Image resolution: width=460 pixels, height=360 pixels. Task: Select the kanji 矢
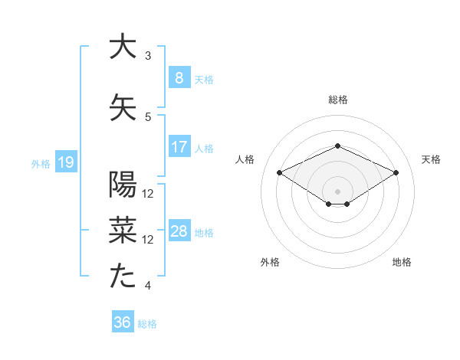(x=123, y=106)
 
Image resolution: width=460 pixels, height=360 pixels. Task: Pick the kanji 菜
(x=123, y=230)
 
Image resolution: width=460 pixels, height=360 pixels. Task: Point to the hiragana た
(x=123, y=277)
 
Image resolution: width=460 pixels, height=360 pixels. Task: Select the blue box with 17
(x=179, y=147)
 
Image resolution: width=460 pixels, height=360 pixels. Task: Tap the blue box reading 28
(x=179, y=231)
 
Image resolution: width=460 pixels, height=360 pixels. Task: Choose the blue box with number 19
(x=65, y=162)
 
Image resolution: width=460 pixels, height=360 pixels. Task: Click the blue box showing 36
(x=122, y=322)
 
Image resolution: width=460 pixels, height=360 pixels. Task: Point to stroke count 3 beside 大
(x=148, y=55)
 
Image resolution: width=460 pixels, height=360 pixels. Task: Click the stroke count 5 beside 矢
(x=148, y=116)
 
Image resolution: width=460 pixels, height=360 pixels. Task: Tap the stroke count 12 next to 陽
(x=148, y=193)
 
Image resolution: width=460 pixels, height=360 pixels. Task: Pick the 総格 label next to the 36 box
(x=147, y=323)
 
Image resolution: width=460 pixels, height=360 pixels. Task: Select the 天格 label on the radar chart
(x=431, y=159)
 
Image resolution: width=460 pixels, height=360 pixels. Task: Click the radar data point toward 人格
(x=279, y=173)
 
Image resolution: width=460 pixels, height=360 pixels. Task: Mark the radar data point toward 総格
(x=337, y=146)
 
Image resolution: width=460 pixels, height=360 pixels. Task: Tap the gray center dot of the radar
(x=337, y=190)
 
